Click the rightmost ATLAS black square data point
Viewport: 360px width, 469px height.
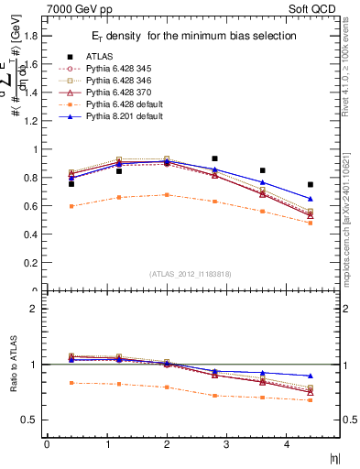click(x=311, y=184)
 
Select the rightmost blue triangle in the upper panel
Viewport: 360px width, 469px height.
click(x=311, y=199)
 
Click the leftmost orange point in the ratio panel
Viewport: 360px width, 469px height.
click(x=71, y=383)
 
